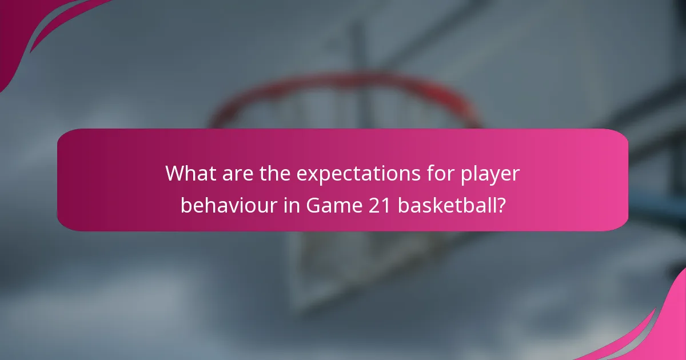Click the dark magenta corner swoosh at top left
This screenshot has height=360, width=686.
point(23,29)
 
